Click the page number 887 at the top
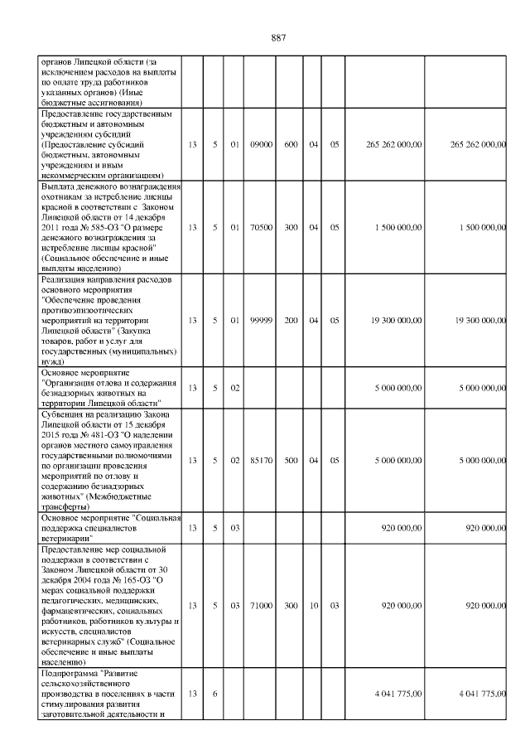click(278, 38)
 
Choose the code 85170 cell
click(261, 460)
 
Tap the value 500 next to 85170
click(291, 460)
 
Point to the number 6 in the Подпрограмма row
click(214, 693)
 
